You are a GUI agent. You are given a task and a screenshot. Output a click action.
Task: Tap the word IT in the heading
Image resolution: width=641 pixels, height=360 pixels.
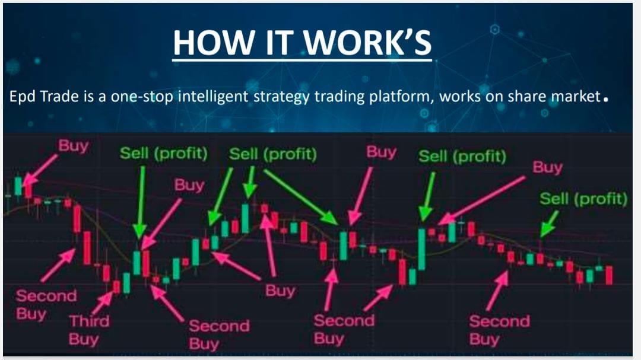(280, 42)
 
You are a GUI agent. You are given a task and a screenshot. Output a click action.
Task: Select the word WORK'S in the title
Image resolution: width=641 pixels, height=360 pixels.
(367, 42)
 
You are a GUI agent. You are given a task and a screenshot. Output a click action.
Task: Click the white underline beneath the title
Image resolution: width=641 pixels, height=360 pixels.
(302, 61)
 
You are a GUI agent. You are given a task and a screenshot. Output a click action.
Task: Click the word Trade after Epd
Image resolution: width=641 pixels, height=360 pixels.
(60, 97)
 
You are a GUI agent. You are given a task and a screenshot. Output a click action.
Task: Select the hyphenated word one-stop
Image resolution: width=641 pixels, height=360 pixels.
(142, 97)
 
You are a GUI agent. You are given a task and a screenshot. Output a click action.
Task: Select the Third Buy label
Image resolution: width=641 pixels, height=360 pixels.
(89, 330)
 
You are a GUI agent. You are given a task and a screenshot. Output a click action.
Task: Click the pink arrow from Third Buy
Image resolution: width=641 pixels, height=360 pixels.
(102, 303)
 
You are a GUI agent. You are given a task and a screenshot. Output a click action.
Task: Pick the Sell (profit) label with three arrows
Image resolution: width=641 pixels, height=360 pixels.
(272, 154)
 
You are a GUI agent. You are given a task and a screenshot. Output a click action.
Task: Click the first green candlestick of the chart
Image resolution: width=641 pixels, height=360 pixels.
(18, 186)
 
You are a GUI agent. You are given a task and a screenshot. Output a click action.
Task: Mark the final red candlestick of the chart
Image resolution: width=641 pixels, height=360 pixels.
(609, 275)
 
